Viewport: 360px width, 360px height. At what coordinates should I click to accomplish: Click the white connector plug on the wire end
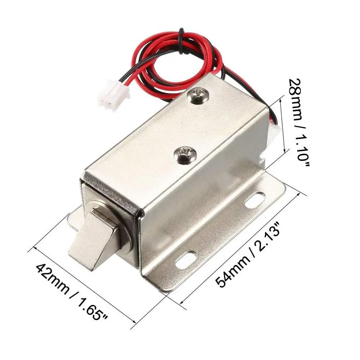pyautogui.click(x=112, y=95)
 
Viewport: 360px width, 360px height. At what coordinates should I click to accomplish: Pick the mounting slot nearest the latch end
pyautogui.click(x=186, y=261)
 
